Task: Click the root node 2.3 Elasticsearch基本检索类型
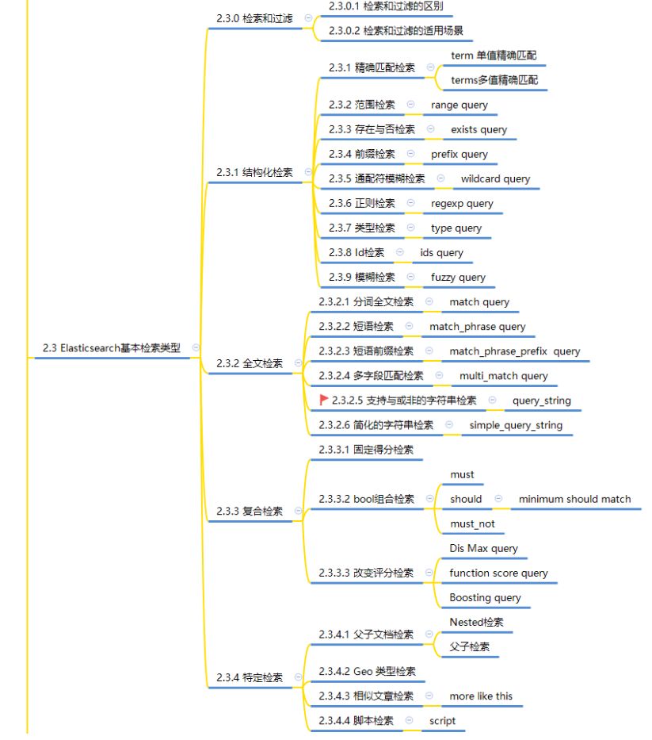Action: click(x=112, y=348)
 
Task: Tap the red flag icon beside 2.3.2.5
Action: click(x=323, y=401)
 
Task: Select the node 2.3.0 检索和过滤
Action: click(x=254, y=17)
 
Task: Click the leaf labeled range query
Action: click(x=459, y=105)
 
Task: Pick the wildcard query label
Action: click(x=496, y=179)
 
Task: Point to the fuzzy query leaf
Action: click(x=459, y=278)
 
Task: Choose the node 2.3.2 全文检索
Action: click(x=250, y=363)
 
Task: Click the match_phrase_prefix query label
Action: click(x=514, y=351)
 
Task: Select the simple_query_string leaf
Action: click(x=516, y=425)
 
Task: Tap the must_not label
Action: click(x=472, y=523)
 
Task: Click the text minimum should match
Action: click(x=575, y=499)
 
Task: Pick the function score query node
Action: click(x=498, y=573)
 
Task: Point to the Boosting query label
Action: click(x=485, y=597)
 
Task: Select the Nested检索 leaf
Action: click(x=476, y=622)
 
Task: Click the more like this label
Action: click(x=481, y=696)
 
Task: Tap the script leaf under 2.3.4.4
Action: click(x=443, y=721)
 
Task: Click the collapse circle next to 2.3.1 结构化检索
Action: click(x=307, y=172)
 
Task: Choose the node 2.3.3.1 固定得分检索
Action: click(x=366, y=450)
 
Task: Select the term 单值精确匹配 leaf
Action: click(x=494, y=56)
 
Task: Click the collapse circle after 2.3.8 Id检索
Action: click(x=399, y=252)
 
